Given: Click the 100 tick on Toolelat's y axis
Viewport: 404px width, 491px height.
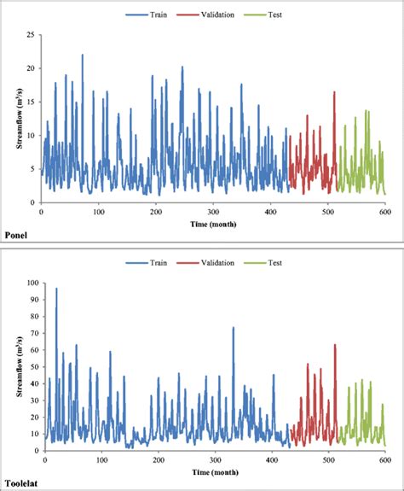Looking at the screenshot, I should tap(29, 283).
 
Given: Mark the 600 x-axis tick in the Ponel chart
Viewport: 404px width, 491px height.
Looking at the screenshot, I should tap(384, 211).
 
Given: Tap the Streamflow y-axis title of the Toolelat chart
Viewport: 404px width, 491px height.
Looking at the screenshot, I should tap(18, 365).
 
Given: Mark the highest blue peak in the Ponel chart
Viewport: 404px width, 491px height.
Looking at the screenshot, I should tap(82, 56).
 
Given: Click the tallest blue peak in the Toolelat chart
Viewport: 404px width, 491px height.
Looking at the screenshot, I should tap(56, 289).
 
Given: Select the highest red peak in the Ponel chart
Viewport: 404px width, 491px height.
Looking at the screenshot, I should tap(334, 92).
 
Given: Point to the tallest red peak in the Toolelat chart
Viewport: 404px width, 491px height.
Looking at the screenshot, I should tap(334, 345).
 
